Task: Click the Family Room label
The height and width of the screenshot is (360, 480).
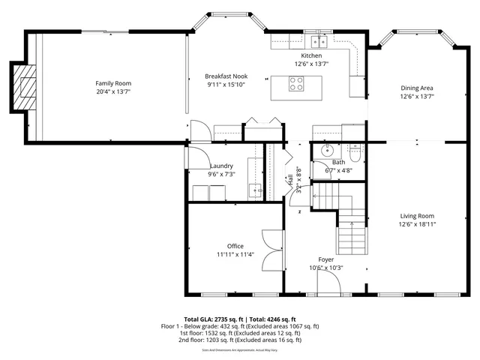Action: click(113, 83)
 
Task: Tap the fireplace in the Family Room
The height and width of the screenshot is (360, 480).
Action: click(25, 85)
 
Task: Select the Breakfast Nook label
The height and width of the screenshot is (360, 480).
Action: click(226, 76)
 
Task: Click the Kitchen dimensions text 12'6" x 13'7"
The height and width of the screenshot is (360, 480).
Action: click(311, 64)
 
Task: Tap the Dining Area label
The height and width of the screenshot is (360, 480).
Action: click(416, 88)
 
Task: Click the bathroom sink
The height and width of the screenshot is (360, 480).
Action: click(327, 151)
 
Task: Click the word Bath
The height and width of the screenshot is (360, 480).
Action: click(339, 162)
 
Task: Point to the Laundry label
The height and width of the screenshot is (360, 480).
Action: click(221, 166)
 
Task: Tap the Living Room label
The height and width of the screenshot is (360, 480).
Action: click(416, 215)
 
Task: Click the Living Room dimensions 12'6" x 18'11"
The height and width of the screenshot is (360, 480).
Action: click(416, 223)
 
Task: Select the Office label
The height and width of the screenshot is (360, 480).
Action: click(235, 246)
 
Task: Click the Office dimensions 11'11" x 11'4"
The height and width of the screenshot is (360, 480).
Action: click(235, 254)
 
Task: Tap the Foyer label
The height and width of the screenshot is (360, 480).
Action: click(325, 259)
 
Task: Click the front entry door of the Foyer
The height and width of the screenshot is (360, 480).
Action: click(328, 283)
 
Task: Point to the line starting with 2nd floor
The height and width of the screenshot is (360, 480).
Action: click(240, 340)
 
